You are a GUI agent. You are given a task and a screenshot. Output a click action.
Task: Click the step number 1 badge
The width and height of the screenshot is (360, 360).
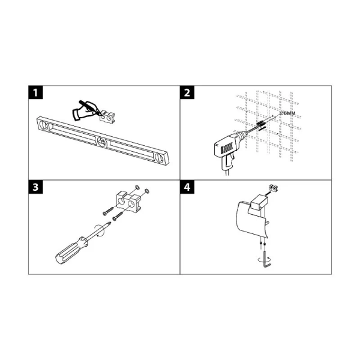coord(37,93)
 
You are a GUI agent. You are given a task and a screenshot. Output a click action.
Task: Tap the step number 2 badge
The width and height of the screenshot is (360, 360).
coord(188,93)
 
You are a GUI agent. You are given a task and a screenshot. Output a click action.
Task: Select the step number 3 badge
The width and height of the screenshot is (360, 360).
coord(37,187)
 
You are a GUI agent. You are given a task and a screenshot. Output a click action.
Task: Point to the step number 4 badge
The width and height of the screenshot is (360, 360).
coord(188,187)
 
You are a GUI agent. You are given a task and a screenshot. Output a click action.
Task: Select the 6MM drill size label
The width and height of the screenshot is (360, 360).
coord(288,113)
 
